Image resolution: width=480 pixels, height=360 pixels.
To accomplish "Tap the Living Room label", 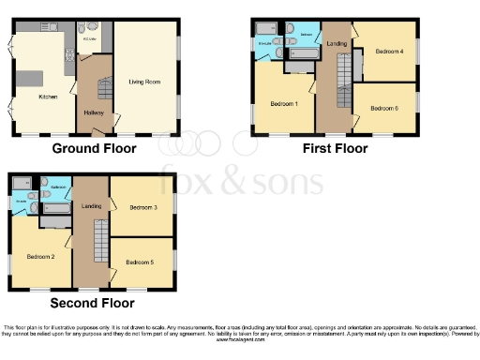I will pos(144,82).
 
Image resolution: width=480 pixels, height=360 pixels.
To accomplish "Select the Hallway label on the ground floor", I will pos(94,113).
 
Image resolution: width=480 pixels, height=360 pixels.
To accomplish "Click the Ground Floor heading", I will pos(94,148).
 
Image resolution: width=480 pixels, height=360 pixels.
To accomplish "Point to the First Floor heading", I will pos(334,148).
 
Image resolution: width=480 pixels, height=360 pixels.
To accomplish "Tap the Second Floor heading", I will pos(91,303).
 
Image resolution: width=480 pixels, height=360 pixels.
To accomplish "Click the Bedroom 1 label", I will pos(284,102).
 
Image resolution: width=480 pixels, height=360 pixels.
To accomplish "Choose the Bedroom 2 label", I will pos(40,256).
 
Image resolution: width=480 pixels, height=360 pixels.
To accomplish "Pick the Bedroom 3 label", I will pos(142,206).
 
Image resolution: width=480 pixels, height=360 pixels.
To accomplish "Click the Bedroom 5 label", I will pos(141,262).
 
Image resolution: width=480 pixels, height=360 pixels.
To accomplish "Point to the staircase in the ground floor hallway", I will pos(105,90).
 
